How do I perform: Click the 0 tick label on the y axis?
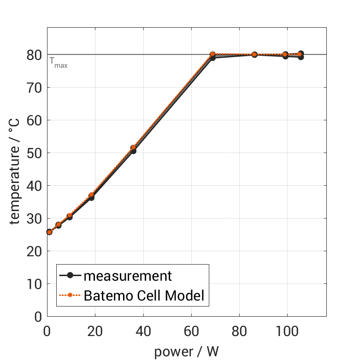[38, 317]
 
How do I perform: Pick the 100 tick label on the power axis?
[287, 331]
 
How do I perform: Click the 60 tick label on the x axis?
[191, 331]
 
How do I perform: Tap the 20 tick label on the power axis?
[95, 331]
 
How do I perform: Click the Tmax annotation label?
[59, 63]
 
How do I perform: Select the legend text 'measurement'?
[128, 276]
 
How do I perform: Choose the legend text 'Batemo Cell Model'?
[144, 295]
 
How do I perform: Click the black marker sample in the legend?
[70, 276]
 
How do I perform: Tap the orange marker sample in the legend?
[70, 295]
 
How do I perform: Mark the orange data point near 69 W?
[212, 54]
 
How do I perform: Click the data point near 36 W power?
[133, 148]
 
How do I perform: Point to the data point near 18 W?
[91, 196]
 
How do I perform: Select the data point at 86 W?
[254, 54]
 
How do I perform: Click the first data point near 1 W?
[49, 232]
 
